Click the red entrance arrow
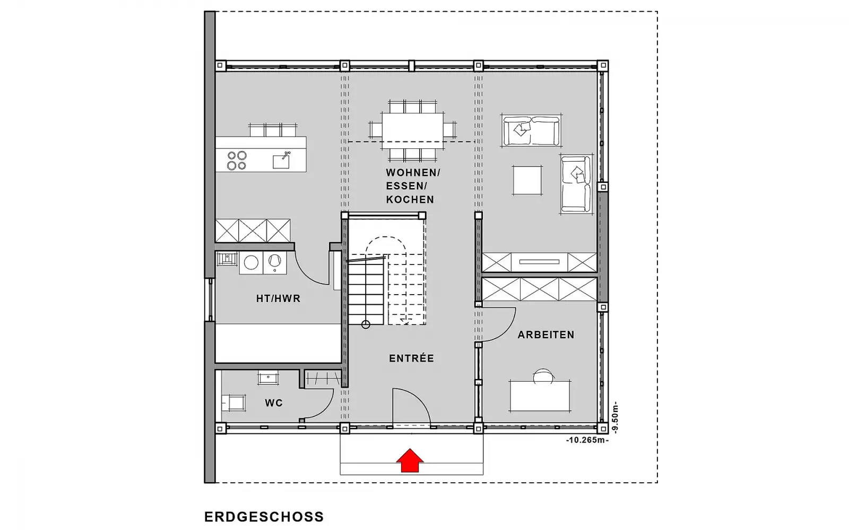click(410, 461)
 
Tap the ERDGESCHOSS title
click(264, 517)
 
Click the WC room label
click(274, 403)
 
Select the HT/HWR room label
click(278, 299)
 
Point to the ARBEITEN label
click(546, 334)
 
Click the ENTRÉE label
click(412, 358)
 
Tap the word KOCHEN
click(410, 199)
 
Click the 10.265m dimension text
click(587, 440)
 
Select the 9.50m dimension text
click(615, 417)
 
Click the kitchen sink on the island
click(281, 161)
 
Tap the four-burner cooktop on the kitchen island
click(237, 160)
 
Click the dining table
click(413, 130)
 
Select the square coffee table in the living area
click(527, 180)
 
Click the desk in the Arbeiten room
click(540, 395)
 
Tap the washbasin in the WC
click(268, 377)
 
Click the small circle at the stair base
click(366, 324)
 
